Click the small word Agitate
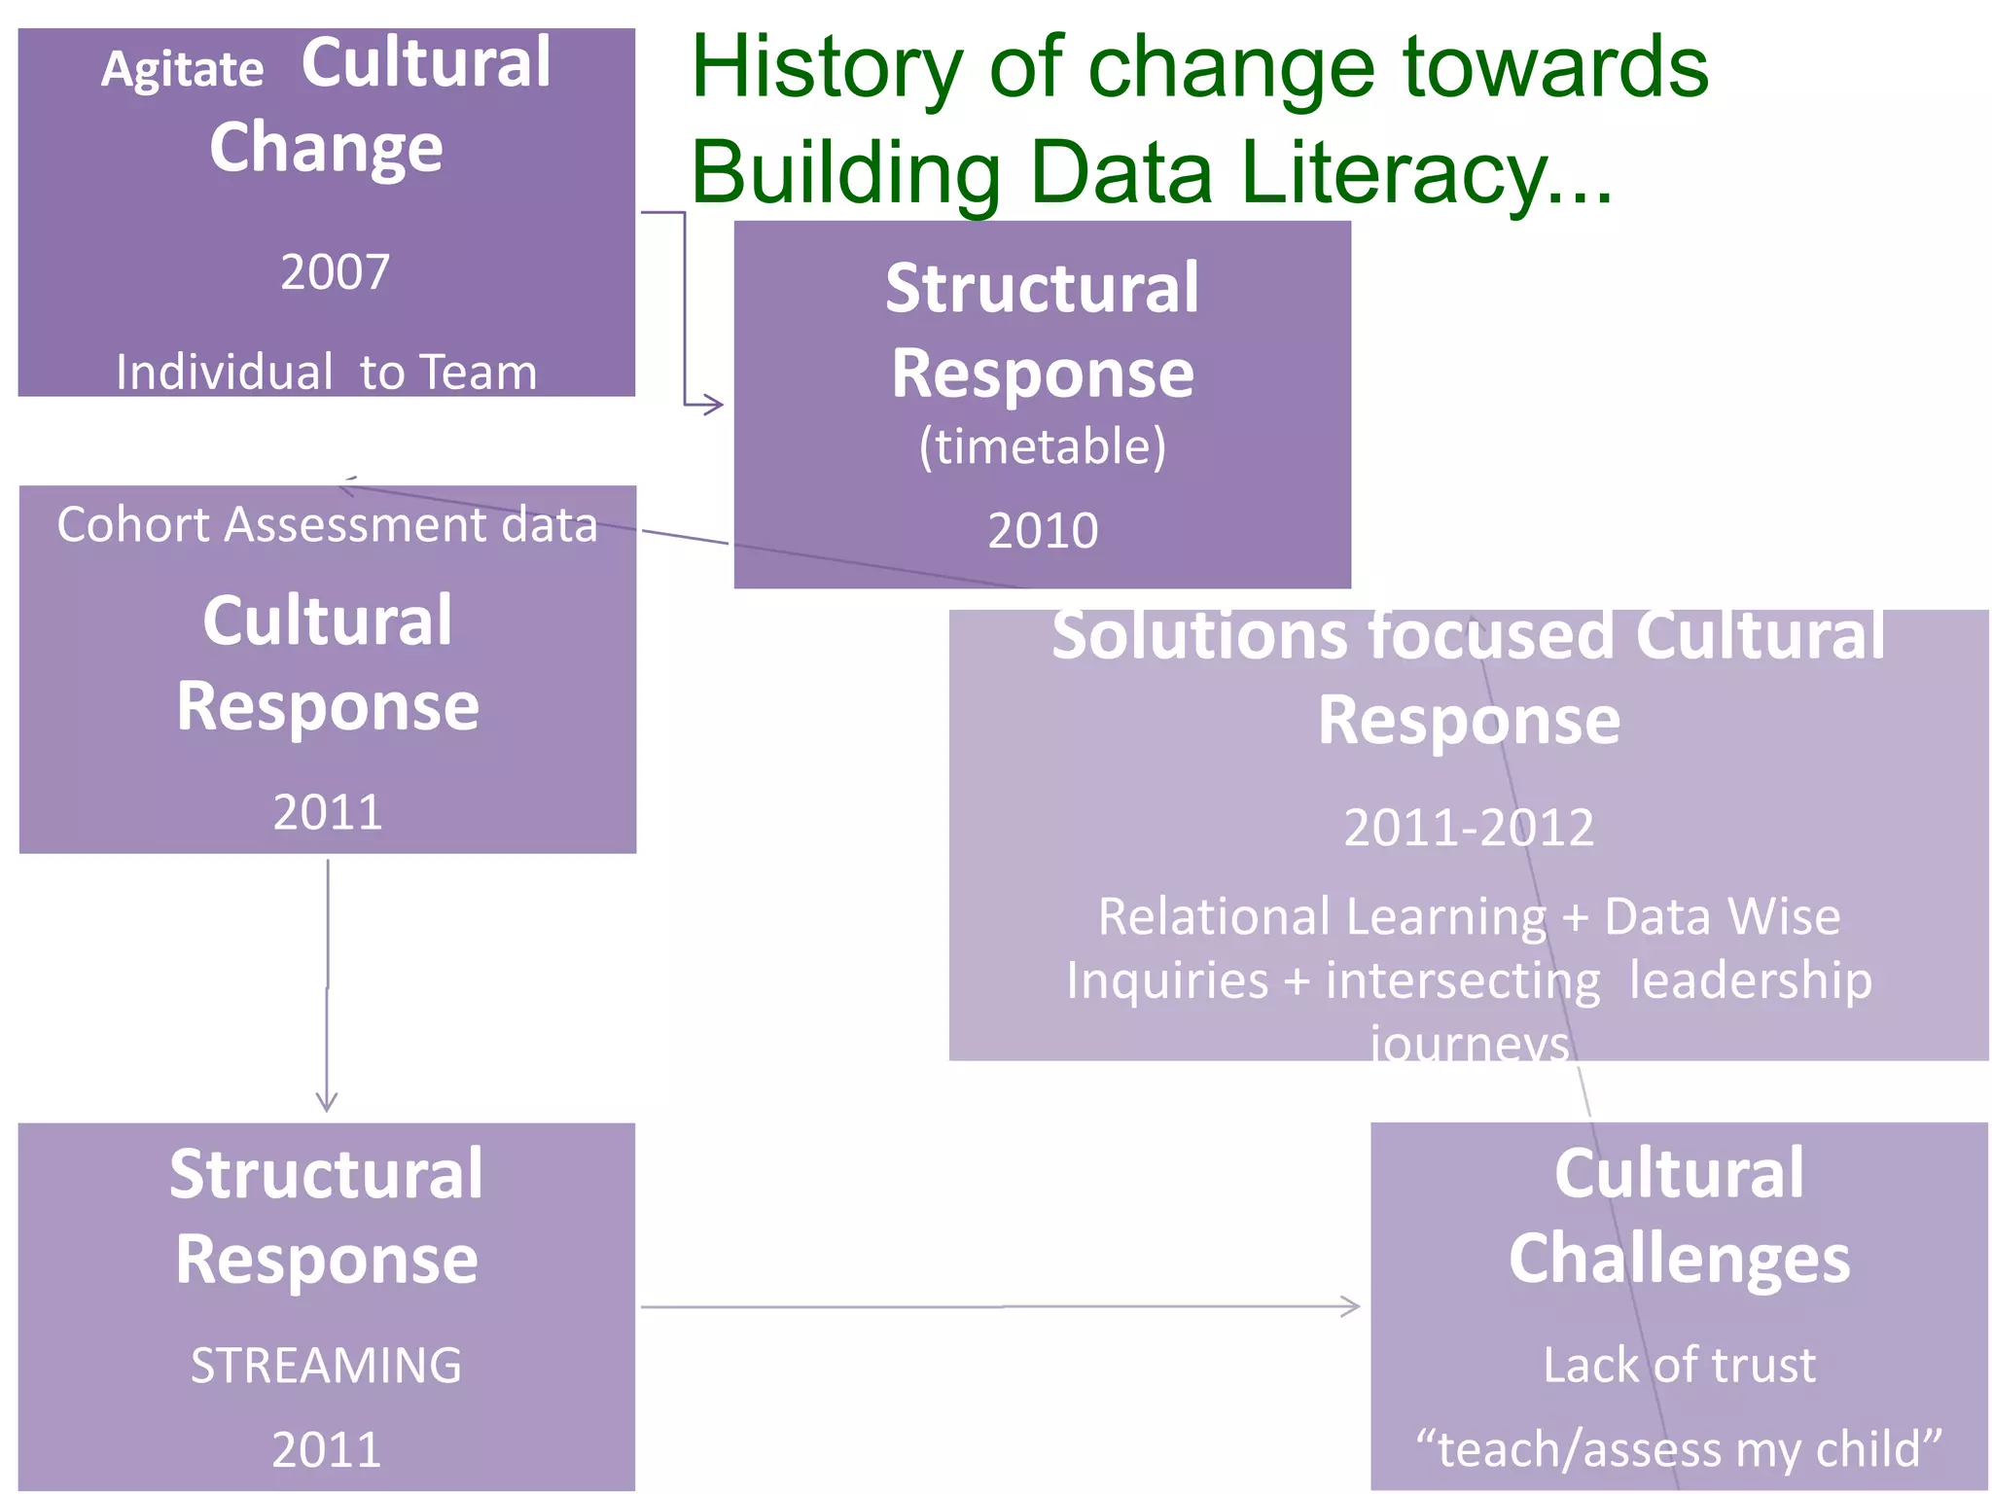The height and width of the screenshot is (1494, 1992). click(182, 70)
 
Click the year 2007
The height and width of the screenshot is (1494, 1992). click(335, 272)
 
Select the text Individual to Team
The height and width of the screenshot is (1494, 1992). click(326, 373)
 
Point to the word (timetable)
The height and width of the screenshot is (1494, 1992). click(1042, 446)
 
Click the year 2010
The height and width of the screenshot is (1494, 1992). click(1042, 531)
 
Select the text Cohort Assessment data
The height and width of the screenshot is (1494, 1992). click(327, 525)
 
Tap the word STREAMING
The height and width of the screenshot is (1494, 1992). click(326, 1365)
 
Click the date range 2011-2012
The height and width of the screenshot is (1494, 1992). click(1468, 828)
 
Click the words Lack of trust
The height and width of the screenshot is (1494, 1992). click(1679, 1365)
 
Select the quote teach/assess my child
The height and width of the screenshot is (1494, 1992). click(1679, 1449)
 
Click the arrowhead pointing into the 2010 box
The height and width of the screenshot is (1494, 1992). click(715, 404)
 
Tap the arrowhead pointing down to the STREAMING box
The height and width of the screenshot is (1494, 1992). click(327, 1103)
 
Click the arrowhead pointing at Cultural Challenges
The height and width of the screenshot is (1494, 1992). click(1351, 1306)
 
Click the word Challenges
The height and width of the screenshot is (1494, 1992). click(1679, 1259)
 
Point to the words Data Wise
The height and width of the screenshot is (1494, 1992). click(1722, 916)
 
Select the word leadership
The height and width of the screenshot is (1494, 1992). click(1750, 979)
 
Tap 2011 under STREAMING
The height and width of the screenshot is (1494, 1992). click(326, 1449)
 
